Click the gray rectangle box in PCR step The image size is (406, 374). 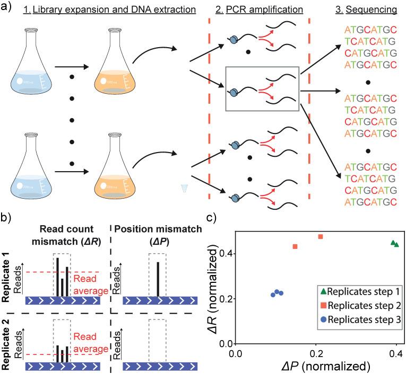coord(263,88)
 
